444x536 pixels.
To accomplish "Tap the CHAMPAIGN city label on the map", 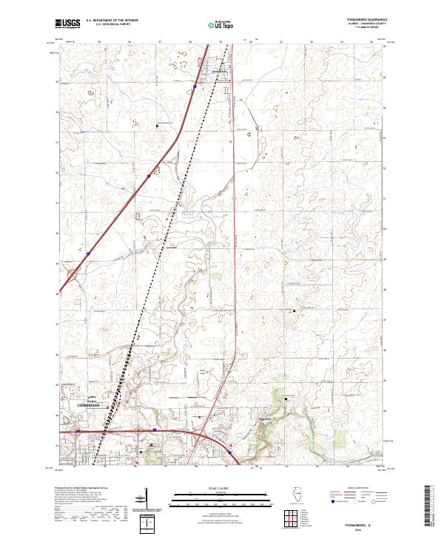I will point(92,406).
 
